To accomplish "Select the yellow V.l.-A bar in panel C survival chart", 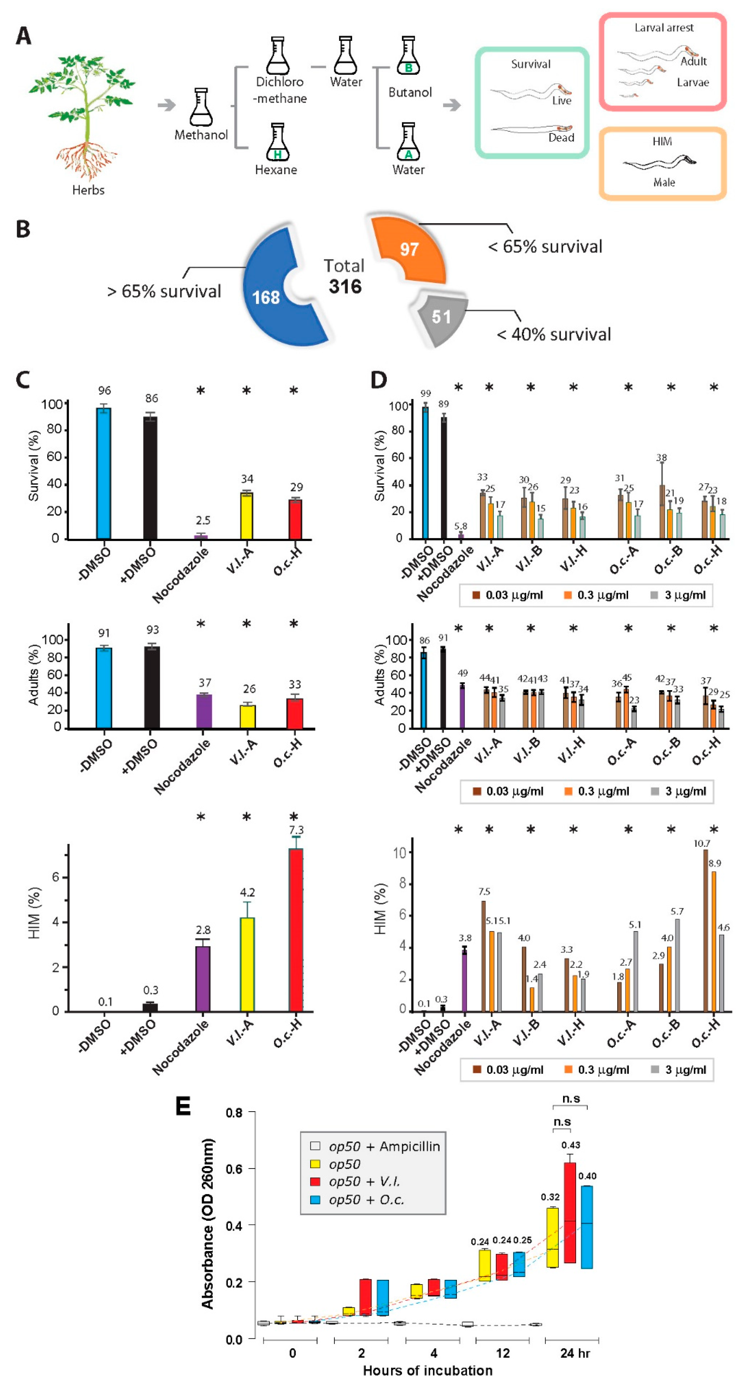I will click(246, 516).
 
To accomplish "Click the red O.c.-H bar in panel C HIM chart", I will click(295, 929).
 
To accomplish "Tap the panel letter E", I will click(183, 1106).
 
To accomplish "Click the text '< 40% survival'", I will click(553, 334).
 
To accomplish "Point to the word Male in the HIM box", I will click(664, 182).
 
